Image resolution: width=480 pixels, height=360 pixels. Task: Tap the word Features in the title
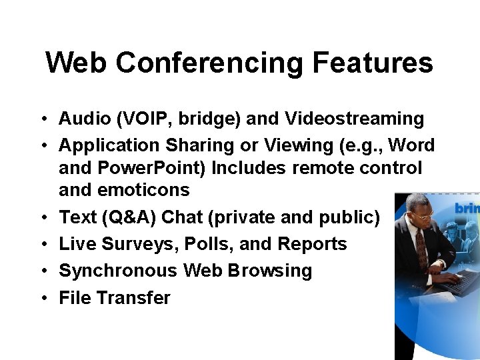(373, 63)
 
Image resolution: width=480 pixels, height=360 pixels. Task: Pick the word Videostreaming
(354, 119)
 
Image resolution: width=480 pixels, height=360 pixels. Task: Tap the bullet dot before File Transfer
(41, 298)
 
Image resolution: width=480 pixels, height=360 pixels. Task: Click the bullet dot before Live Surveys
(41, 245)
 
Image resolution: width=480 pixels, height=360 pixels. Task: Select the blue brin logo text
(467, 209)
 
